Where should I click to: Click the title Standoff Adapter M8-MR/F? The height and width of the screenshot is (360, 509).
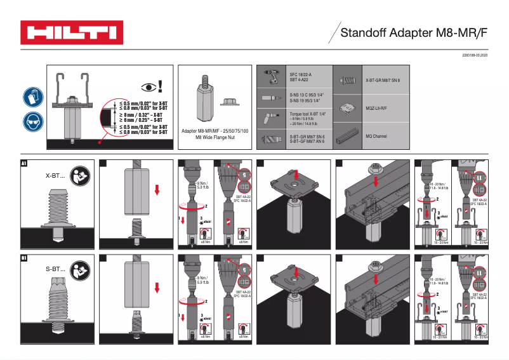414,33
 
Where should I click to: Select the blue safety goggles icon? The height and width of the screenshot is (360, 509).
33,121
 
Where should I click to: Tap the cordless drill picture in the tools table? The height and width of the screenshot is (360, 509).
272,76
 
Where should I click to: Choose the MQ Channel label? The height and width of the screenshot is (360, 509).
377,136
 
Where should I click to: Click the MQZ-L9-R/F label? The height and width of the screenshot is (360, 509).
377,108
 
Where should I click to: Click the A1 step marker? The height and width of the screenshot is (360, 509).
25,163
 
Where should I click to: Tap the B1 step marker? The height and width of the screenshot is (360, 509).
25,258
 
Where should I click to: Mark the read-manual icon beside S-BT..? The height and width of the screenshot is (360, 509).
81,269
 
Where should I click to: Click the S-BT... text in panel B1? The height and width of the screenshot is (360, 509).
56,269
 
